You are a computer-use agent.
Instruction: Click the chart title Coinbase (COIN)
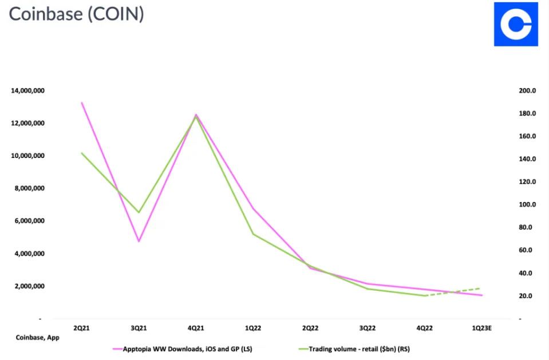coord(76,14)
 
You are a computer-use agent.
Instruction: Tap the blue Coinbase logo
coord(516,24)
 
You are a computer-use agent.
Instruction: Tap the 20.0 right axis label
coord(527,296)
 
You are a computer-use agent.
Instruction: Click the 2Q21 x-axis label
coord(81,328)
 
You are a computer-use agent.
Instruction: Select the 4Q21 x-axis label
coord(196,328)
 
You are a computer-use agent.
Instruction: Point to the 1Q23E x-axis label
coord(481,328)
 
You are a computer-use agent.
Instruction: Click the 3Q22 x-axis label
coord(368,328)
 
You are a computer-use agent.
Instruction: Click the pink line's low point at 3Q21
coord(139,241)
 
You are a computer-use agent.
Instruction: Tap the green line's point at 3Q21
coord(139,212)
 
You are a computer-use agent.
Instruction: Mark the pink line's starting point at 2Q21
coord(81,102)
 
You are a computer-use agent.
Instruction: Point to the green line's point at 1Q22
coord(253,234)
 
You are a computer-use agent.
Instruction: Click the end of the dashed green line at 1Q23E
coord(480,288)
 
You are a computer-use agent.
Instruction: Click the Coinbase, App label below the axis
coord(37,338)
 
